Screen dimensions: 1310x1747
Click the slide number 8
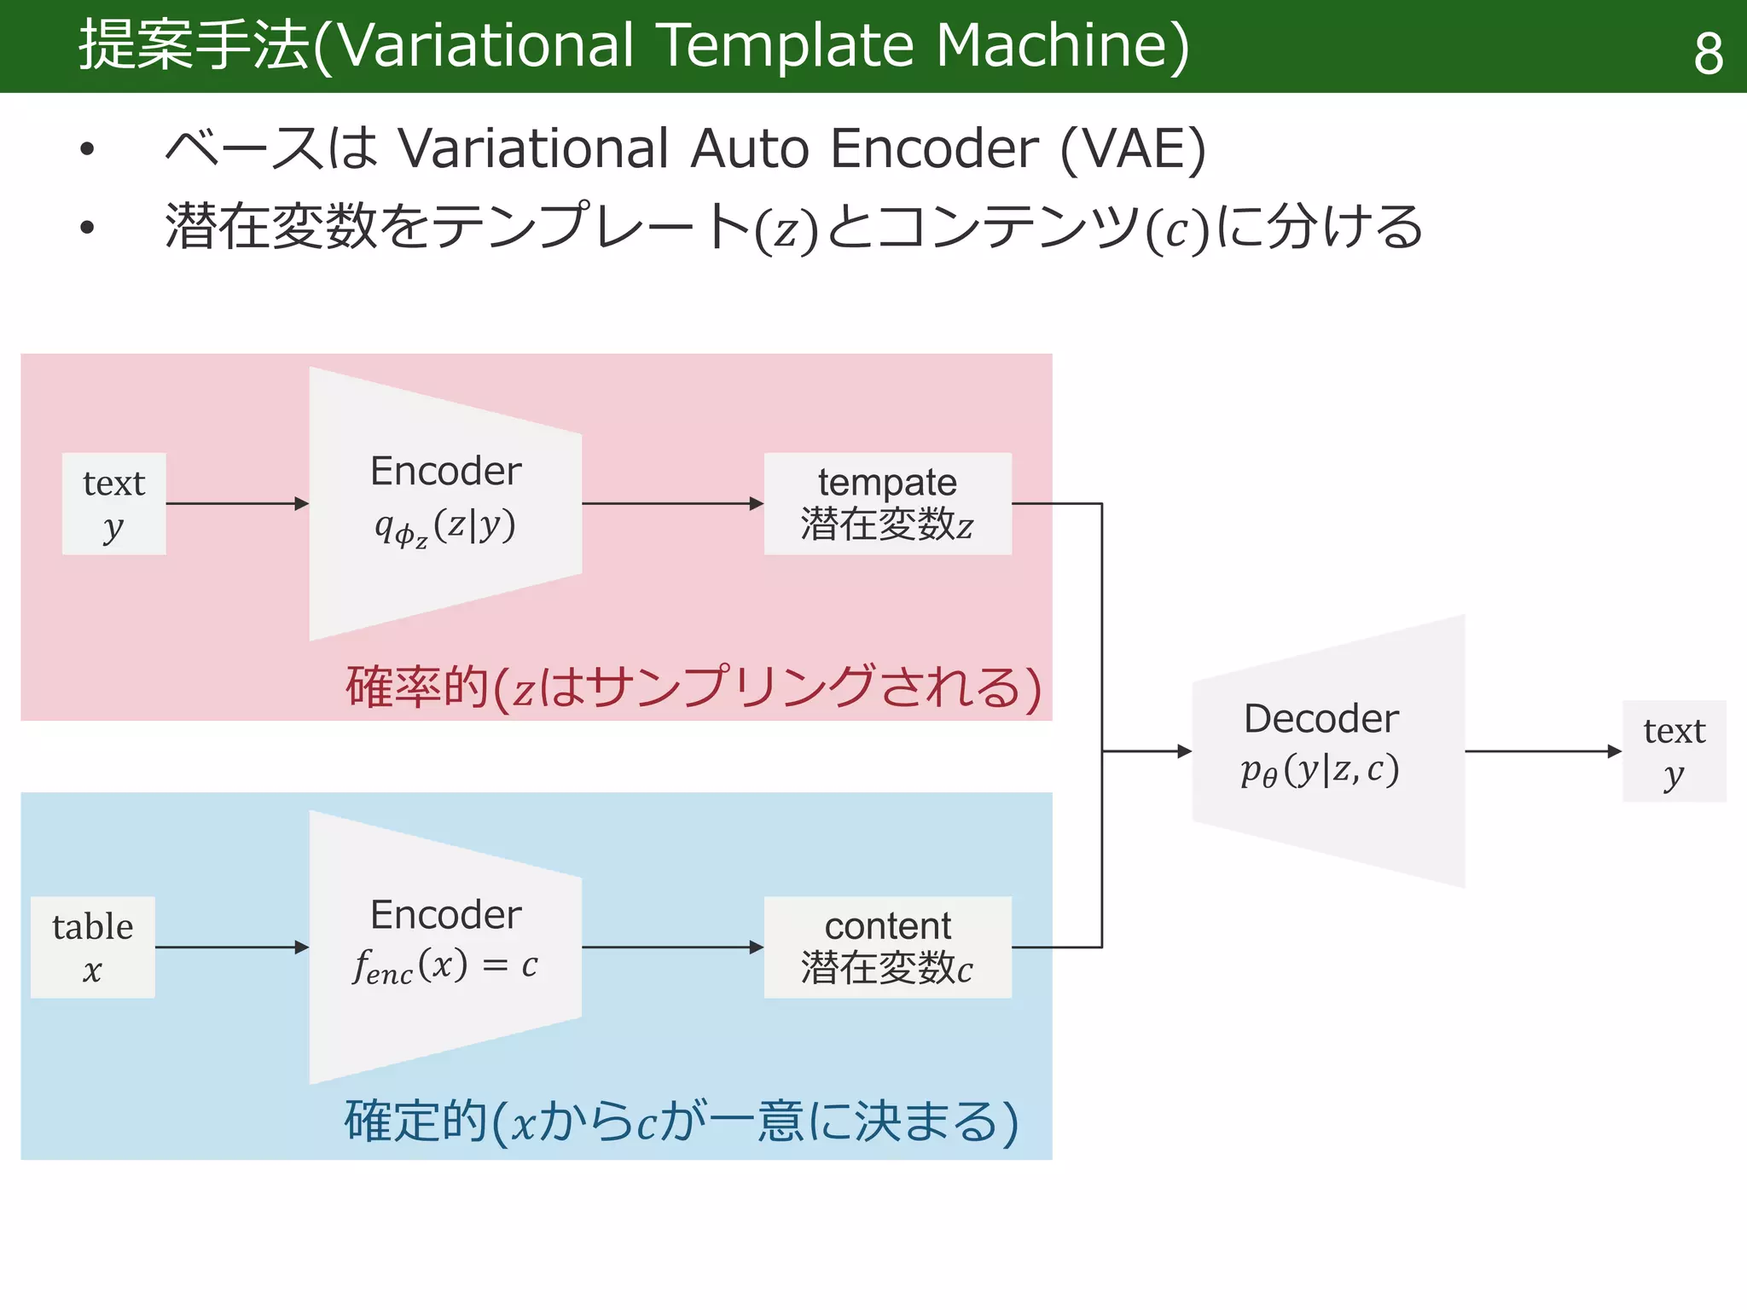(1708, 53)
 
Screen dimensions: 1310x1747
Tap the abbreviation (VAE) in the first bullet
(1132, 148)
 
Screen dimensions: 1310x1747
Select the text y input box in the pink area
(113, 504)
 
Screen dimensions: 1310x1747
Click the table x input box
(92, 947)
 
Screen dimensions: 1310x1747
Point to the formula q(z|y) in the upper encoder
(445, 526)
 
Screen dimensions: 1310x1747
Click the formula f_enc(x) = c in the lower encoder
(445, 966)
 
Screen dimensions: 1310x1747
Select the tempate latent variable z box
(887, 504)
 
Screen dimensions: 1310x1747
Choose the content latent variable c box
(887, 947)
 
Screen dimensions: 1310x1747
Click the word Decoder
(1320, 718)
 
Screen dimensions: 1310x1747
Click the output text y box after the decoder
(1674, 751)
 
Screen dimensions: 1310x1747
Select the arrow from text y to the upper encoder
(236, 504)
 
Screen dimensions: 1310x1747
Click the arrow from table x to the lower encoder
(231, 947)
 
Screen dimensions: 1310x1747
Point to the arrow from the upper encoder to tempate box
(672, 504)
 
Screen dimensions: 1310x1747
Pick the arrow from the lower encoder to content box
(672, 947)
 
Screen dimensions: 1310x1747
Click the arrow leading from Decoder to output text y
(1542, 751)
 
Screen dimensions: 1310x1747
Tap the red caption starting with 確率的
(693, 687)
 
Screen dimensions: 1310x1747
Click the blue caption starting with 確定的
(681, 1121)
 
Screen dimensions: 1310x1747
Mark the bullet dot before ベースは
(87, 149)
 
